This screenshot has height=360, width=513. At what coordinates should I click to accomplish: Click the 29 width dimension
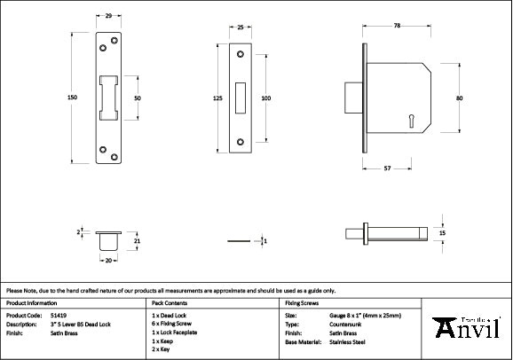tap(108, 17)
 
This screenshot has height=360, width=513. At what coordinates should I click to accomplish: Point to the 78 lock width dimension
tap(396, 27)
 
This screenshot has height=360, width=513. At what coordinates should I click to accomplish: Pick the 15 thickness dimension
tap(443, 232)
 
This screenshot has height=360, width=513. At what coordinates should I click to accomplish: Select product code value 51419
tap(58, 315)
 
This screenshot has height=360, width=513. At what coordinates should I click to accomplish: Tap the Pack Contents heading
tap(171, 302)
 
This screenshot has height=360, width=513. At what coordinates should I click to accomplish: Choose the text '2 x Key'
tap(162, 349)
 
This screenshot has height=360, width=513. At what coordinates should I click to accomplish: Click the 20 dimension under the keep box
tap(108, 261)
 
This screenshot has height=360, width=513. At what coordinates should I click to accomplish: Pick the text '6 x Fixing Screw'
tap(173, 324)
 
